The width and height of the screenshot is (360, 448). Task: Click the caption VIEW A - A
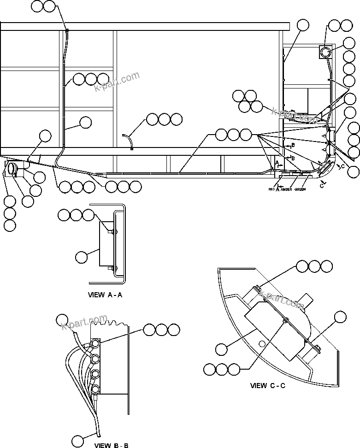coord(105,295)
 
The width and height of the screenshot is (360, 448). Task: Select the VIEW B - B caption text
coord(111,445)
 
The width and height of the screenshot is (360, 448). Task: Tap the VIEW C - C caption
coord(267,385)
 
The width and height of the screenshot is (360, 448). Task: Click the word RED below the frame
coord(271,189)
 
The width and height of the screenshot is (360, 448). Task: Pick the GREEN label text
coord(301,189)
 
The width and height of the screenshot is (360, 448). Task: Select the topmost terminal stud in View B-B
coord(95,344)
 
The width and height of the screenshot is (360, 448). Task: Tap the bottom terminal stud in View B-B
coord(95,389)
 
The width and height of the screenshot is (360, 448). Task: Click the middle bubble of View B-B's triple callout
coord(161,329)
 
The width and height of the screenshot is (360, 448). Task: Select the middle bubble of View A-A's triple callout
coord(76,214)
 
